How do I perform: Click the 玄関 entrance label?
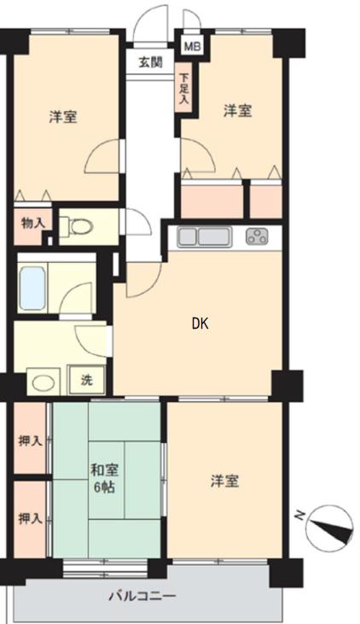point(150,62)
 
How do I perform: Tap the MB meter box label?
point(193,47)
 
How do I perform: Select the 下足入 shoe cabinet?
point(183,89)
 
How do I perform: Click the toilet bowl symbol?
point(82,227)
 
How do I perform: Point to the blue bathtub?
point(32,289)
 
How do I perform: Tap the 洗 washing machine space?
point(87,380)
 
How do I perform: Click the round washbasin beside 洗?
point(44,383)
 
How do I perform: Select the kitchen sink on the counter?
point(204,237)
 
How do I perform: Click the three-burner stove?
point(257,236)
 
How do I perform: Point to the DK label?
point(200,324)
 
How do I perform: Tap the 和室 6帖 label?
point(105,479)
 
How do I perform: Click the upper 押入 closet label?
point(30,441)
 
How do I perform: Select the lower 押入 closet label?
point(30,518)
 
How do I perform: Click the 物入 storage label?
point(32,224)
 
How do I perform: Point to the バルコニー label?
point(142,597)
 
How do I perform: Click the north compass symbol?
point(330,529)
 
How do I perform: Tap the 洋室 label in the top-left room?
point(63,117)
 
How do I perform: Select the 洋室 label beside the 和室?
point(224,481)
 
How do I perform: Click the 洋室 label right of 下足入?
point(237,111)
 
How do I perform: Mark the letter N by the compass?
point(299,516)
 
